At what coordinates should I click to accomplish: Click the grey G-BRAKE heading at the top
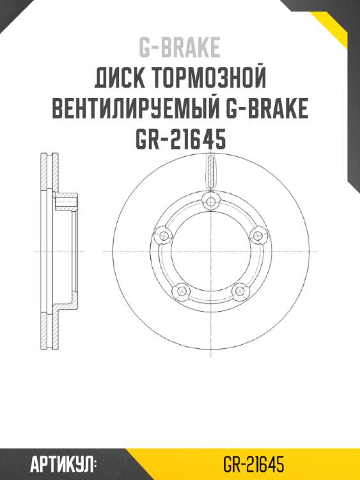pos(180,47)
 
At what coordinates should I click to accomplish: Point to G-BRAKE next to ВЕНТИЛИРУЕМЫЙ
pos(268,109)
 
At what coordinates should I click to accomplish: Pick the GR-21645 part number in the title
pos(180,139)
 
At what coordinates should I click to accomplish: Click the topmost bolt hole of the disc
pos(209,202)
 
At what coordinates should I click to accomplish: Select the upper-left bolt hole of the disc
pos(162,235)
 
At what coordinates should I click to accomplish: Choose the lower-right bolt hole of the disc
pos(239,291)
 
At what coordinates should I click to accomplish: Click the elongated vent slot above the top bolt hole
pos(209,172)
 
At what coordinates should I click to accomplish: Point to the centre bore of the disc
pos(209,253)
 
